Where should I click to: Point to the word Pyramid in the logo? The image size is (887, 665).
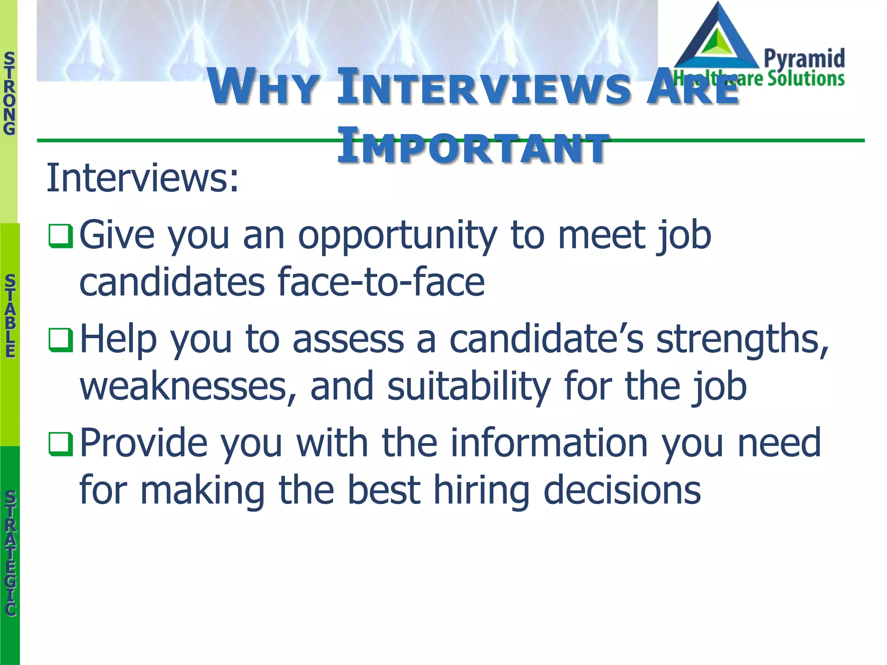click(x=804, y=59)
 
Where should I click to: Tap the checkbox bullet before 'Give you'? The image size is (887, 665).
click(x=60, y=236)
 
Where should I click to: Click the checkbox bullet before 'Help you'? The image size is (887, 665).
click(x=60, y=340)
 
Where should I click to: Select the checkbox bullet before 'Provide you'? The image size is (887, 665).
click(x=60, y=444)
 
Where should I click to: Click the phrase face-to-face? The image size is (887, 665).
click(x=381, y=282)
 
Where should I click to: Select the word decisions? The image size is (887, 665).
click(x=622, y=490)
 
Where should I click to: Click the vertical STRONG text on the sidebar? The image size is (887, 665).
click(x=9, y=93)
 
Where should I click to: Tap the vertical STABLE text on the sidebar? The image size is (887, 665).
click(x=10, y=316)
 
